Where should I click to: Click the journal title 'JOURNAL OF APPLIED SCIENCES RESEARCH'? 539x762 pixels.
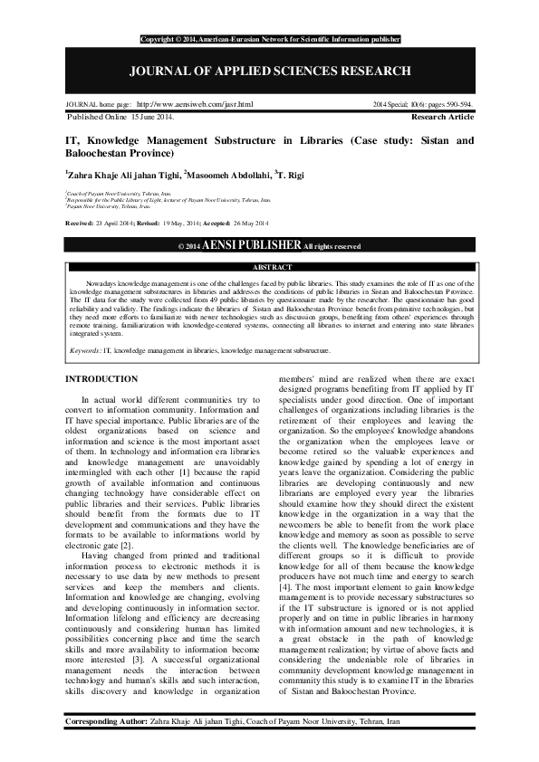[270, 71]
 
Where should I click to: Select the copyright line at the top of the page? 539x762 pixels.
[270, 40]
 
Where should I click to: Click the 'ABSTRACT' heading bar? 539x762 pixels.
[270, 268]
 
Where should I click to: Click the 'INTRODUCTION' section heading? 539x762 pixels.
[101, 378]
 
